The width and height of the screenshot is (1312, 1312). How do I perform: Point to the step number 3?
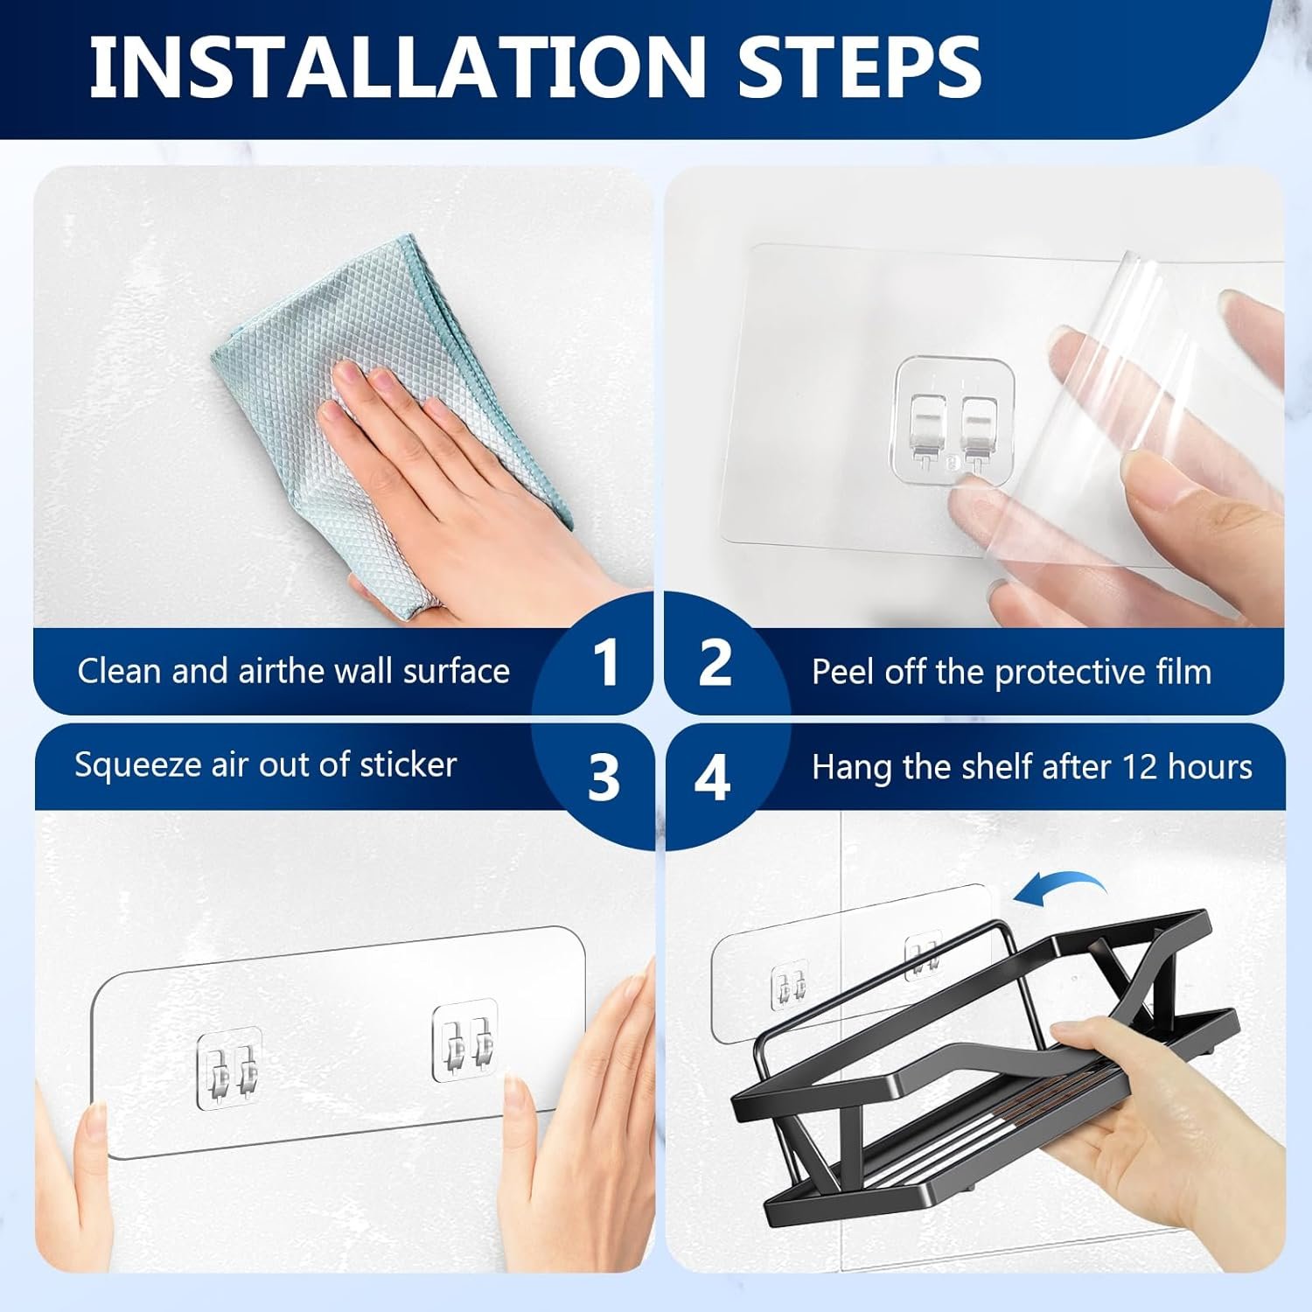pos(604,776)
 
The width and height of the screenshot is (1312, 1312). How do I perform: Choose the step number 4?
pos(712,776)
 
